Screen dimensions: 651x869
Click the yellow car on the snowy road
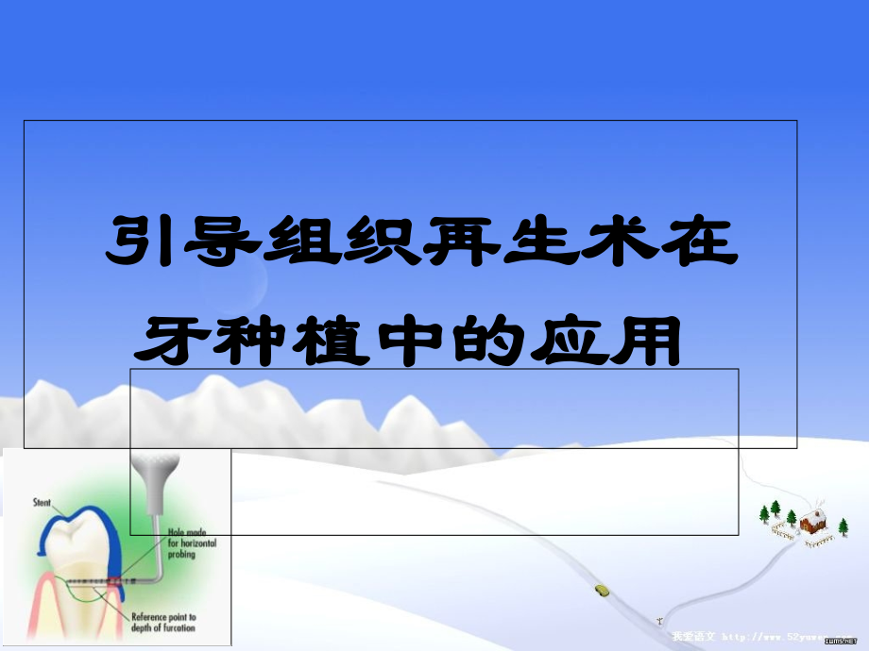coord(602,591)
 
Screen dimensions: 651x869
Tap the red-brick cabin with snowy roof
coord(812,521)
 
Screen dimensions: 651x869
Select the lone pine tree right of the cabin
coord(843,525)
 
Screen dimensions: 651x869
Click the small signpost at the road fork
coord(659,621)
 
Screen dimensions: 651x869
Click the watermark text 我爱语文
coord(695,637)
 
